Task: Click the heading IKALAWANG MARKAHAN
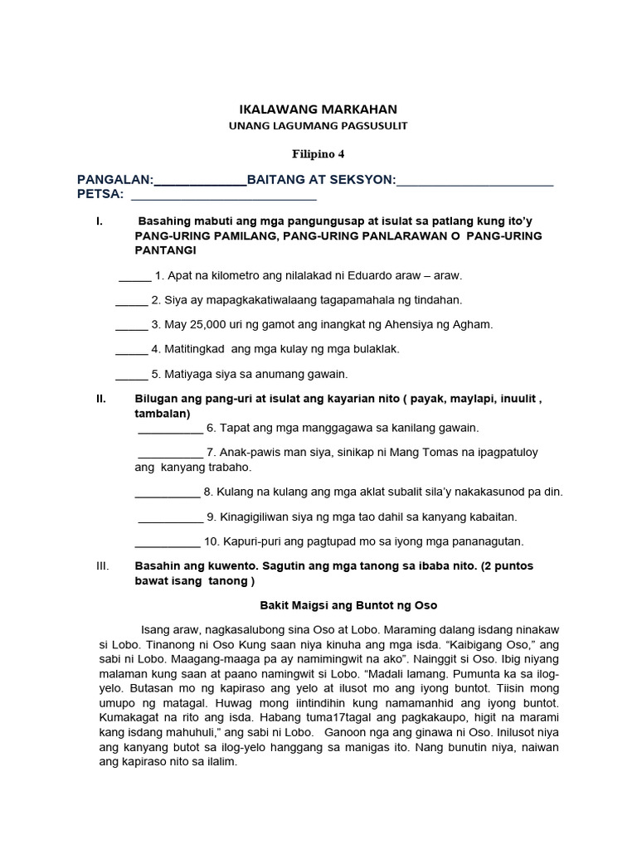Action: click(x=318, y=109)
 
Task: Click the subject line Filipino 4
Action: click(x=318, y=153)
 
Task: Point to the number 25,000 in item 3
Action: click(x=214, y=324)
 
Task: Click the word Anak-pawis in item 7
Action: click(x=247, y=453)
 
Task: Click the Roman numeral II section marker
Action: click(x=102, y=399)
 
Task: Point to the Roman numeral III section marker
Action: click(x=103, y=566)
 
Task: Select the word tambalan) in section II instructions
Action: click(x=163, y=413)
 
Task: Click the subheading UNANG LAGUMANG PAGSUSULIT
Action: click(x=318, y=126)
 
